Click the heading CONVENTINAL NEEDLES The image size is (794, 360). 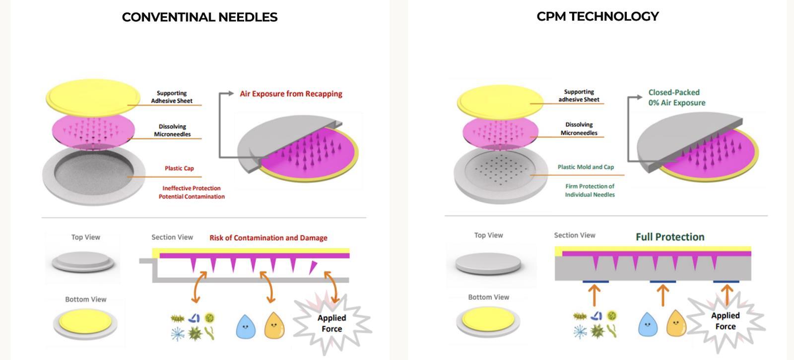click(x=199, y=17)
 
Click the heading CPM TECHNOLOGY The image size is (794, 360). click(x=597, y=16)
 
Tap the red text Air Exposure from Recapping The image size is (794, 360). click(x=291, y=94)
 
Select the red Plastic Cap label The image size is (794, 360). click(x=179, y=168)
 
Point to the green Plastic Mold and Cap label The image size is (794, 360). click(x=586, y=167)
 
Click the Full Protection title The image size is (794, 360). click(x=670, y=237)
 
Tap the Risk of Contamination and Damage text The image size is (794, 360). click(x=268, y=238)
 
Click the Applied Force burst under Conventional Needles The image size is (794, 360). click(x=331, y=323)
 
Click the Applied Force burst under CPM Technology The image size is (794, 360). click(x=725, y=321)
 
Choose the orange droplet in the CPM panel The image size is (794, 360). click(x=675, y=323)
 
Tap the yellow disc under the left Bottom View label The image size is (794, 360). click(x=85, y=323)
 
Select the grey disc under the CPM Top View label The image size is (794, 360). click(x=488, y=263)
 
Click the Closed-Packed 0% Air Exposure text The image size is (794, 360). click(x=676, y=98)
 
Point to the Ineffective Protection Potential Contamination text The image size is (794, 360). click(x=192, y=192)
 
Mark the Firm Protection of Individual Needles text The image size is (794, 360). click(x=590, y=190)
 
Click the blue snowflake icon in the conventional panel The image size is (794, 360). click(x=177, y=333)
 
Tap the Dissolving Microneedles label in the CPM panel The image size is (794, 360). click(x=579, y=129)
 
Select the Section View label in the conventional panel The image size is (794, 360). click(x=172, y=237)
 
